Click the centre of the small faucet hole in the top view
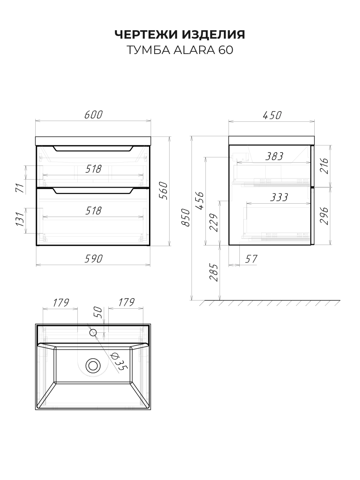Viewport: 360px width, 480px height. tap(93, 332)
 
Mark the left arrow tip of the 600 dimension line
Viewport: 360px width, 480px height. tap(36, 121)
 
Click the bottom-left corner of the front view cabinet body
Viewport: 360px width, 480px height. tap(36, 245)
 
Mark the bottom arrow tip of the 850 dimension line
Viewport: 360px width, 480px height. tap(192, 300)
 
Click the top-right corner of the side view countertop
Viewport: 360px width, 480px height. tap(314, 136)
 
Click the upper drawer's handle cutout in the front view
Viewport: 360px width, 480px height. tap(93, 149)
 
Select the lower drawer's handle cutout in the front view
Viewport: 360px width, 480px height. tap(93, 191)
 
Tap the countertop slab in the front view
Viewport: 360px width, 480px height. tap(93, 141)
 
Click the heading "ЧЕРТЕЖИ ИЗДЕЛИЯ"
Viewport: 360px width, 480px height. tap(180, 34)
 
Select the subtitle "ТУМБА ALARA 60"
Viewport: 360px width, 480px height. tap(180, 50)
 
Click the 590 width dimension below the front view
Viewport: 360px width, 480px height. tap(94, 259)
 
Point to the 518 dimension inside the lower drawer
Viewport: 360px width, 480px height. tap(93, 210)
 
